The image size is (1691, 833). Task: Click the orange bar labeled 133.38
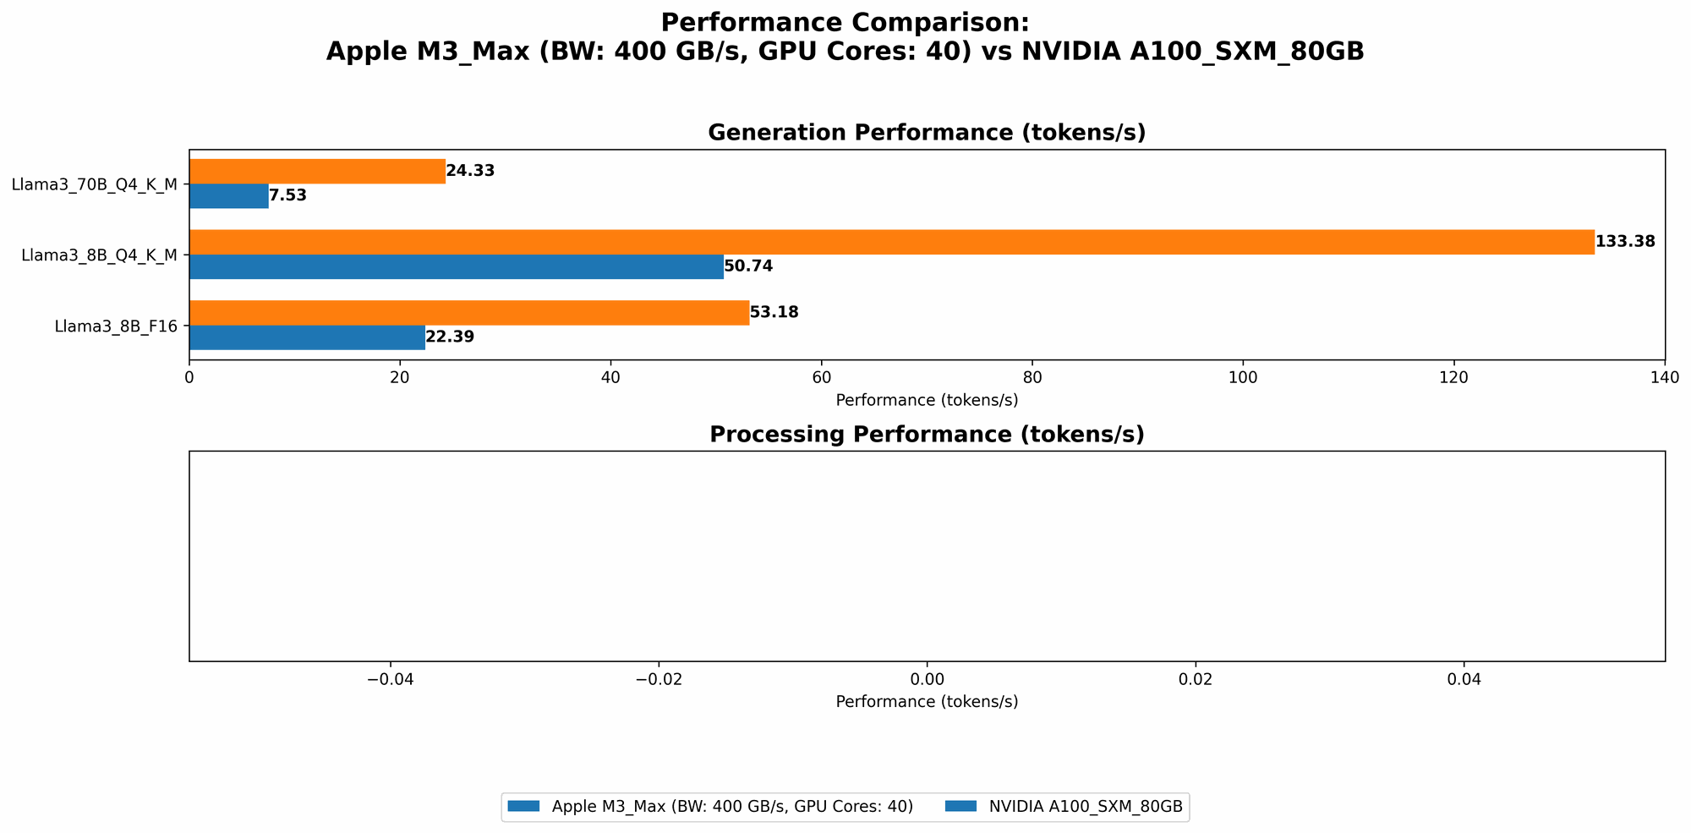tap(891, 242)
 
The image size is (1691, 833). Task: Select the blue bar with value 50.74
tap(456, 266)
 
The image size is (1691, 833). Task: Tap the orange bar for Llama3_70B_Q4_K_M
tap(317, 171)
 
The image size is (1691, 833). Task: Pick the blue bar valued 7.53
tap(228, 195)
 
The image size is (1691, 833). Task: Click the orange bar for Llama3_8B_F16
tap(468, 313)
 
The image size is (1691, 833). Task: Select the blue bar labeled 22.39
tap(307, 337)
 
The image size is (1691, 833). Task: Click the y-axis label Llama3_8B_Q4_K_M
tap(99, 255)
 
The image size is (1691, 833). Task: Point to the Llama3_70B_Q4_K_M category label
tap(95, 184)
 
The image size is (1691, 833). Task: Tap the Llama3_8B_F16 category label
tap(116, 326)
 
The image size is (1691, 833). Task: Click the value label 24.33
tap(470, 171)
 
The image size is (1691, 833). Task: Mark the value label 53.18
tap(774, 313)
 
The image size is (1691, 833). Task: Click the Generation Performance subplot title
tap(927, 133)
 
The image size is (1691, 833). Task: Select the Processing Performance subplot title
tap(927, 435)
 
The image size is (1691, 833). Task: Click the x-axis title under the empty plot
tap(927, 702)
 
